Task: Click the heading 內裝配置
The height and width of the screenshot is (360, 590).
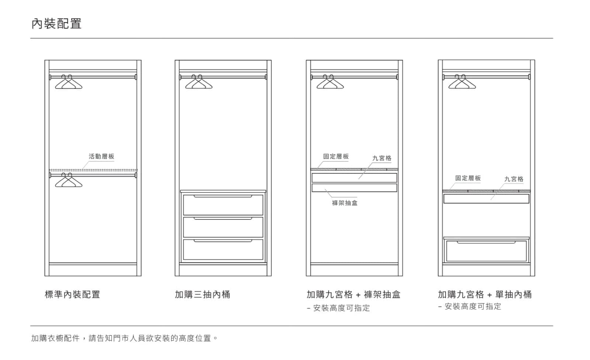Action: coord(56,24)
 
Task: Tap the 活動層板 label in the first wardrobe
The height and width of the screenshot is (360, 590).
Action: coord(101,156)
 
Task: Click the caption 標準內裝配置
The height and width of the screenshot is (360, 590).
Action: coord(72,294)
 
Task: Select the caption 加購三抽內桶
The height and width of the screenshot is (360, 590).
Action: coord(202,294)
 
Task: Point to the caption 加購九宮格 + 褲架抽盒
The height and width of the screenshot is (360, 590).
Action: coord(353,294)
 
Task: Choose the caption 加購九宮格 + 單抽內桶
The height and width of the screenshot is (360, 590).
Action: coord(485,294)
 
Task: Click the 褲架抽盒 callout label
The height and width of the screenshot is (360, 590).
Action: coord(344,203)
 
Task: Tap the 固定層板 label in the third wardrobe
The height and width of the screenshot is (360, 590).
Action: coord(336,156)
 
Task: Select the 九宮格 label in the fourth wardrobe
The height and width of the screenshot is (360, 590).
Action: coord(514,179)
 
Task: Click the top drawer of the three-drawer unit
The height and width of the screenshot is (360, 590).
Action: coord(223,205)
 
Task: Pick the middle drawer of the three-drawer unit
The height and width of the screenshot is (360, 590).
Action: coord(223,227)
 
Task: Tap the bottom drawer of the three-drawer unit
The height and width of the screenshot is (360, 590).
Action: coord(223,250)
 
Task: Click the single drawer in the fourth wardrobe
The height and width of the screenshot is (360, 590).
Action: coord(486,251)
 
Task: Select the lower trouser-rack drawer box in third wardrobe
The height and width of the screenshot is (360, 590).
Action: coord(354,188)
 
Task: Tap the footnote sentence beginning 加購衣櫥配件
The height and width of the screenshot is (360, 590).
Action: coord(124,338)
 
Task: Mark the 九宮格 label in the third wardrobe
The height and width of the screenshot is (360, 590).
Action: coord(382,158)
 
